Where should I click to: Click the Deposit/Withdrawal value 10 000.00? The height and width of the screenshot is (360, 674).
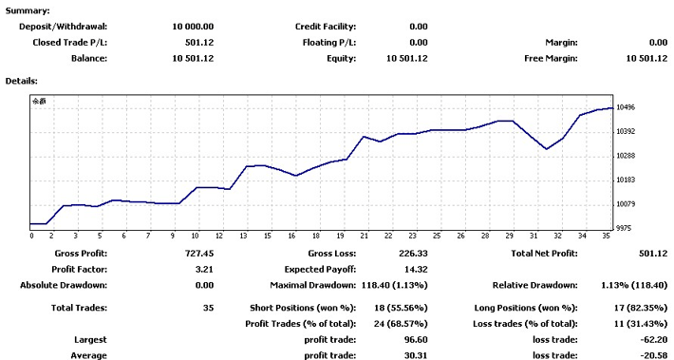coord(193,27)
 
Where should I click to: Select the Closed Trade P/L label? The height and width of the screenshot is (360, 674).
coord(69,43)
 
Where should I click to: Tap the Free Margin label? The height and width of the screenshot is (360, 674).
coord(551,59)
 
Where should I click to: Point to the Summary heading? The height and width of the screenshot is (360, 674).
coord(28,10)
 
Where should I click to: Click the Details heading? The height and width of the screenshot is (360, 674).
coord(22,81)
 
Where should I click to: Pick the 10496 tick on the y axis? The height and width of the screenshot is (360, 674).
coord(626,107)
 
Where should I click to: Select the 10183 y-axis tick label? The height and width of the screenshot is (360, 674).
coord(626,180)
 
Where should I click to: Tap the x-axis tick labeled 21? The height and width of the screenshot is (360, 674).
coord(365,236)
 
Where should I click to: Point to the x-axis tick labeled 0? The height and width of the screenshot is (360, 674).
coord(32,236)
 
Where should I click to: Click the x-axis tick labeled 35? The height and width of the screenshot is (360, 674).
coord(606,236)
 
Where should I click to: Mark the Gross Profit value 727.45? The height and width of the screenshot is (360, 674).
coord(199,254)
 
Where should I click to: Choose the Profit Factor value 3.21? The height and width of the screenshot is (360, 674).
coord(204,270)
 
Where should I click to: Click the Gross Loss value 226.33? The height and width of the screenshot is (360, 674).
coord(413,254)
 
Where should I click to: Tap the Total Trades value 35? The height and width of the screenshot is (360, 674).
coord(209,308)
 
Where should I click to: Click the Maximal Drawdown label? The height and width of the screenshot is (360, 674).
coord(313,285)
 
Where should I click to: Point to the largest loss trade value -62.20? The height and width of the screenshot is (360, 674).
coord(654,340)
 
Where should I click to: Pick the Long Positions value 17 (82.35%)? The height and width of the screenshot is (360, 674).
coord(641,308)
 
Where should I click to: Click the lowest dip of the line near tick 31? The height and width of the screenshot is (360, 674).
coord(547,149)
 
